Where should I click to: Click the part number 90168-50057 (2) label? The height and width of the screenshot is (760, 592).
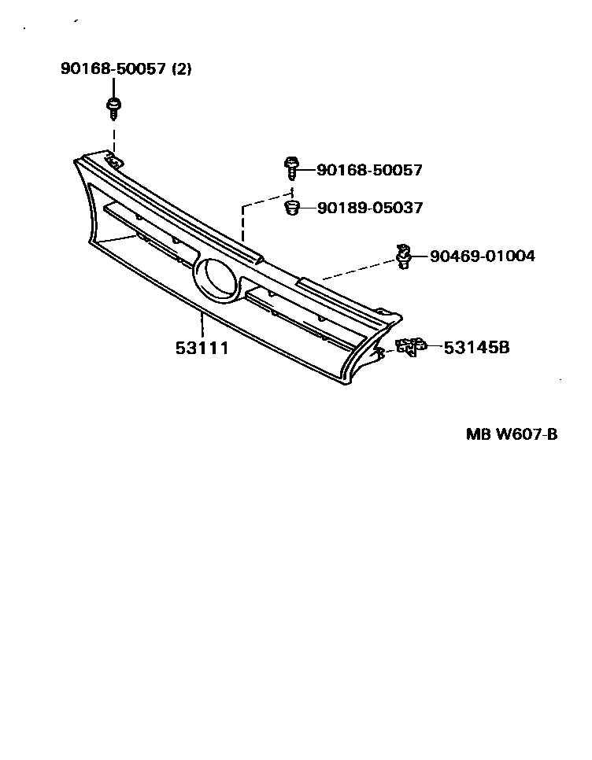(126, 69)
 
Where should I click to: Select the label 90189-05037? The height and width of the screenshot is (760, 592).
(369, 208)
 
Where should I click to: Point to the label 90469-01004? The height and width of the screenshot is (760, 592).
(482, 256)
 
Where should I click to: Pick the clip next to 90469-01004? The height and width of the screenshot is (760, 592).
(405, 256)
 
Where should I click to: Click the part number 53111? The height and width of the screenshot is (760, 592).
(202, 347)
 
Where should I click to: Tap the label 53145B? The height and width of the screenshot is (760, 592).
(476, 346)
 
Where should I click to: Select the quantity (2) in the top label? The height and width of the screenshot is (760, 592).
(181, 69)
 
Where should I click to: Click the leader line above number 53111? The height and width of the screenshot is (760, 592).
(202, 326)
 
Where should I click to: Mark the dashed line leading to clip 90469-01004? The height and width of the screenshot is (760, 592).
(358, 270)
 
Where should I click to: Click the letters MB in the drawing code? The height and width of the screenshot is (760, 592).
(477, 434)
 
